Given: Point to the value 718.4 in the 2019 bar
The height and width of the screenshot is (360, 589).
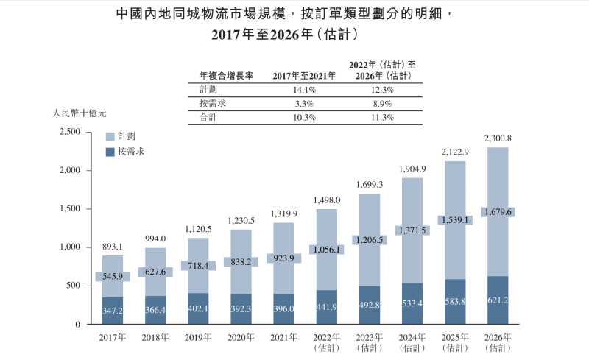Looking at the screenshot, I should (x=198, y=265).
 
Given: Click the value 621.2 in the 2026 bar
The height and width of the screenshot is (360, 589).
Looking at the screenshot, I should (x=498, y=301).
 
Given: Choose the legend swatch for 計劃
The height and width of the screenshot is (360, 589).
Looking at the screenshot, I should (x=110, y=137).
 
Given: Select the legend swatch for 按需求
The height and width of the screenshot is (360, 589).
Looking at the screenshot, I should (x=110, y=152).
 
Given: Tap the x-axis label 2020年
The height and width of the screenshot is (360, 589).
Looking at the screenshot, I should (x=241, y=337).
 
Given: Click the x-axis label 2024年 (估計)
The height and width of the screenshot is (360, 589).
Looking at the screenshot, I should (x=412, y=342).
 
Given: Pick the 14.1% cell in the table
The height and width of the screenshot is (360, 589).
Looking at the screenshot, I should (x=304, y=90).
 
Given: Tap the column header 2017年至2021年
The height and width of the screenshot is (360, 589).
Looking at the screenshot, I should (x=304, y=75).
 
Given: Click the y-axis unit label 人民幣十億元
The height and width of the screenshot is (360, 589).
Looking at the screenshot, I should (x=80, y=114).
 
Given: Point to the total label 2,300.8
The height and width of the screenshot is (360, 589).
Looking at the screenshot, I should (x=498, y=138).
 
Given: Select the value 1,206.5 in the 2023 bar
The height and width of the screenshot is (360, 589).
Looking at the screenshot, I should (x=370, y=240).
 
